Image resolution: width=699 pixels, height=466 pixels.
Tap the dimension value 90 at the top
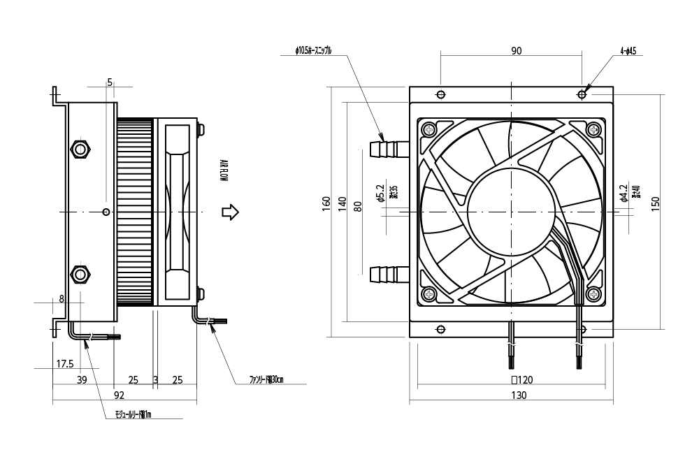click(x=517, y=51)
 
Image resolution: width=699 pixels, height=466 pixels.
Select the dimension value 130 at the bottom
click(x=518, y=395)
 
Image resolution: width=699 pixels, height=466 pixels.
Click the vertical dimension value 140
click(x=342, y=204)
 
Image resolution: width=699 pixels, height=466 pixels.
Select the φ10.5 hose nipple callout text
click(x=314, y=51)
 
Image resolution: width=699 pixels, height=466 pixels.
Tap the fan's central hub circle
click(x=513, y=212)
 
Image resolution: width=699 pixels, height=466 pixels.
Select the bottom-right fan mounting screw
click(x=594, y=294)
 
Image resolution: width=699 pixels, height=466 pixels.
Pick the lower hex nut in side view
click(x=80, y=273)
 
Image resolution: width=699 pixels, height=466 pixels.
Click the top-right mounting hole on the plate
click(x=582, y=94)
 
